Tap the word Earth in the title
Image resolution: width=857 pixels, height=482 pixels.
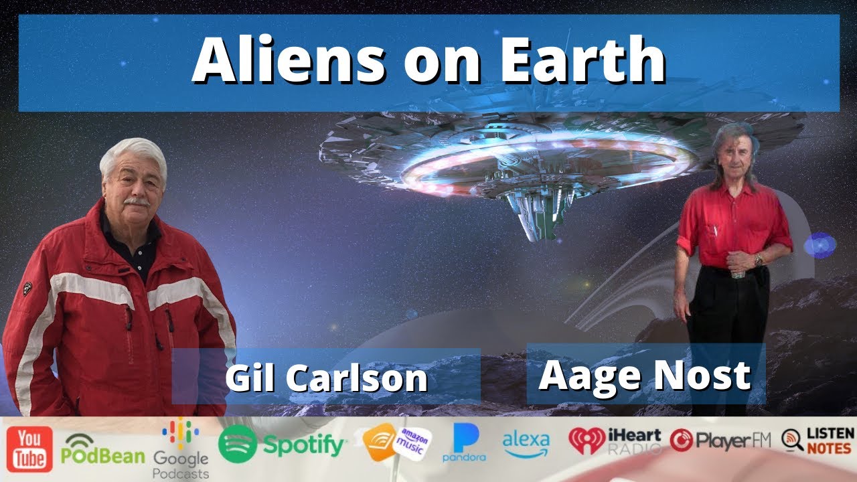point(575,62)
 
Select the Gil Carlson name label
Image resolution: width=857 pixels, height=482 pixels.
point(326,378)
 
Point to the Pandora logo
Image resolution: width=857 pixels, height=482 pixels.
point(464,443)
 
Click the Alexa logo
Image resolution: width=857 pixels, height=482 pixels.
point(526,445)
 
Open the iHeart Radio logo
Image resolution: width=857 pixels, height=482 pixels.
point(615,441)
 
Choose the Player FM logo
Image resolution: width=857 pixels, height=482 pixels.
point(720,440)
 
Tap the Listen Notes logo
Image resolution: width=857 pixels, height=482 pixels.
point(817,440)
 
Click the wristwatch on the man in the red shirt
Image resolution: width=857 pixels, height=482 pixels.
point(759,260)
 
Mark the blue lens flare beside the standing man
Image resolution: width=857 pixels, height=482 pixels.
point(819,245)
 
